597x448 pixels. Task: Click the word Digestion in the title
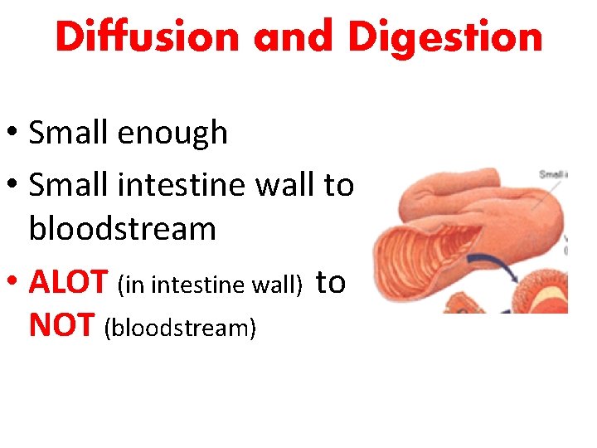tap(445, 37)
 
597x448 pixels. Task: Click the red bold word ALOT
tap(70, 283)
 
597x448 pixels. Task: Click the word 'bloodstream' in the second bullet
tap(122, 228)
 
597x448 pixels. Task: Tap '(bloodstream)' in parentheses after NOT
tap(180, 328)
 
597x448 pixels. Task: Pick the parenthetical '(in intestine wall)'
tap(210, 285)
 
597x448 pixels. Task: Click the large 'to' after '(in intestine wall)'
tap(331, 282)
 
